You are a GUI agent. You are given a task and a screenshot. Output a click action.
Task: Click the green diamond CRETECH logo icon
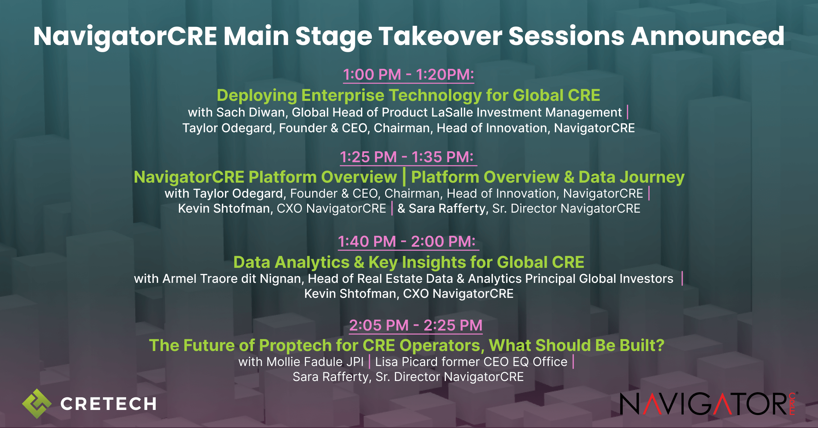(x=37, y=403)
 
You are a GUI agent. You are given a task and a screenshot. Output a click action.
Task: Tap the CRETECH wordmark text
(x=108, y=404)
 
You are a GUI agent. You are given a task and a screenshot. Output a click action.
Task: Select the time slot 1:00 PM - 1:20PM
(x=408, y=75)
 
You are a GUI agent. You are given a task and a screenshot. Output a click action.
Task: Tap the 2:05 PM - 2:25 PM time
(x=415, y=325)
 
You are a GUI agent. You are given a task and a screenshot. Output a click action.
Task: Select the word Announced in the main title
(x=708, y=36)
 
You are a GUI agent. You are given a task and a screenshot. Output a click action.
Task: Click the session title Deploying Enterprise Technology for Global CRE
(x=408, y=95)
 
